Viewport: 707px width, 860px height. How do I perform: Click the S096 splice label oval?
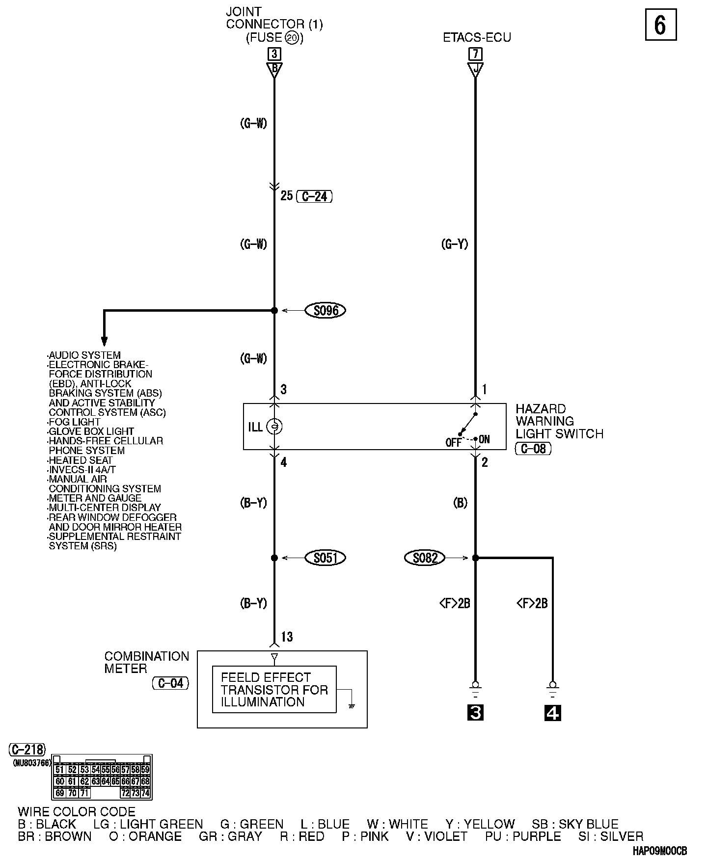(325, 310)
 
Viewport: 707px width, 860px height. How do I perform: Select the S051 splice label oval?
(325, 558)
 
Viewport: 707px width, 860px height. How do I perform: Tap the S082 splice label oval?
(425, 558)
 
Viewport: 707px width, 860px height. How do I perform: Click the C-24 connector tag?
(315, 196)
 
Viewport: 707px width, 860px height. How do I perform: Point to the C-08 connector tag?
(533, 448)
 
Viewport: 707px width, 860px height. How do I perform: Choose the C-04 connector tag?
(170, 683)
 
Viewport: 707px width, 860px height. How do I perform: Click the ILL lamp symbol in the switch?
(274, 427)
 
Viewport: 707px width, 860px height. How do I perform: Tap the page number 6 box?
(660, 25)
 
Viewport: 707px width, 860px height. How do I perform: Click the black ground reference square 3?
(475, 713)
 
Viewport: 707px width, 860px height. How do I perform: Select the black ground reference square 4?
(553, 713)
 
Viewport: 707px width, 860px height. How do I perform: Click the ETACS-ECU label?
(477, 38)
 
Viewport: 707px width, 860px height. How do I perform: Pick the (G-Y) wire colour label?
(455, 244)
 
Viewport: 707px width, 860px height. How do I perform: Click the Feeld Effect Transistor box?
(274, 689)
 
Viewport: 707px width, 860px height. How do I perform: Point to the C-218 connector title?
(27, 750)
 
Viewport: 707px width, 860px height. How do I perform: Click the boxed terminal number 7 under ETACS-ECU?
(475, 54)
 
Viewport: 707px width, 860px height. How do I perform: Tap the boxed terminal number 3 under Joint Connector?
(274, 54)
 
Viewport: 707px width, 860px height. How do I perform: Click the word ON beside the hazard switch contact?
(484, 439)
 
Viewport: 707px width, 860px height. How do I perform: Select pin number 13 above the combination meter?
(287, 637)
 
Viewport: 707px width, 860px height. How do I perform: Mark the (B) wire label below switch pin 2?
(460, 503)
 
